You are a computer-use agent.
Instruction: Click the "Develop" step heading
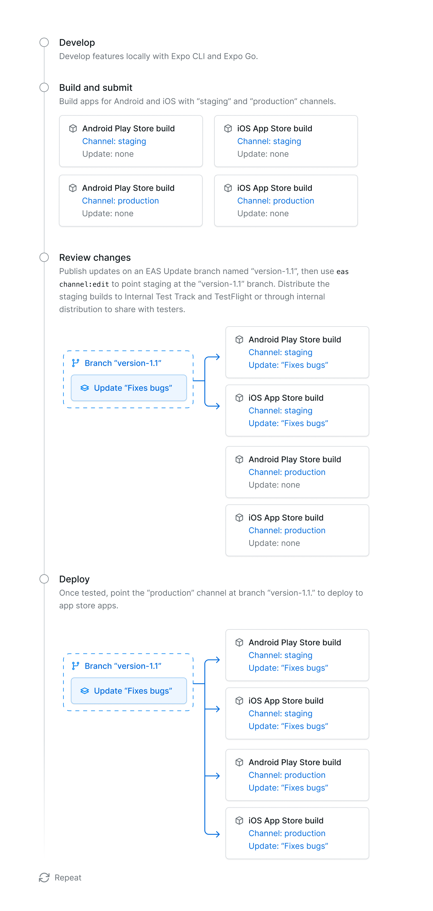pos(77,43)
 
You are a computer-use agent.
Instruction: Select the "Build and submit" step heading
pos(96,88)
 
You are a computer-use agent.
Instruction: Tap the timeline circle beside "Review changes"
pos(44,257)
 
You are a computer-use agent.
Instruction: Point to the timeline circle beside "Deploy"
pos(44,579)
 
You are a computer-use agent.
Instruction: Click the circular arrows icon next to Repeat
pos(44,878)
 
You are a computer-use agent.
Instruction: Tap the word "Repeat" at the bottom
pos(68,878)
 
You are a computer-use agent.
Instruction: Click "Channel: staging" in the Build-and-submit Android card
pos(114,141)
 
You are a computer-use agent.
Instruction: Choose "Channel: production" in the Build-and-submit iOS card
pos(276,201)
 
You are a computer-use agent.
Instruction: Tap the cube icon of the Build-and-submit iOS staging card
pos(228,128)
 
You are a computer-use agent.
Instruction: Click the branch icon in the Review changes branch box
pos(75,363)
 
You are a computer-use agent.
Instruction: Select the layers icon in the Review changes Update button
pos(85,388)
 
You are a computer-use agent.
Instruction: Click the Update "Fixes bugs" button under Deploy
pos(129,691)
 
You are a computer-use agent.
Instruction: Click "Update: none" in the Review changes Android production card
pos(274,485)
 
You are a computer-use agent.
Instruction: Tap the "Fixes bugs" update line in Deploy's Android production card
pos(288,788)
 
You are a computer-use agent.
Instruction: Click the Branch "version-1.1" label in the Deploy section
pos(123,666)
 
